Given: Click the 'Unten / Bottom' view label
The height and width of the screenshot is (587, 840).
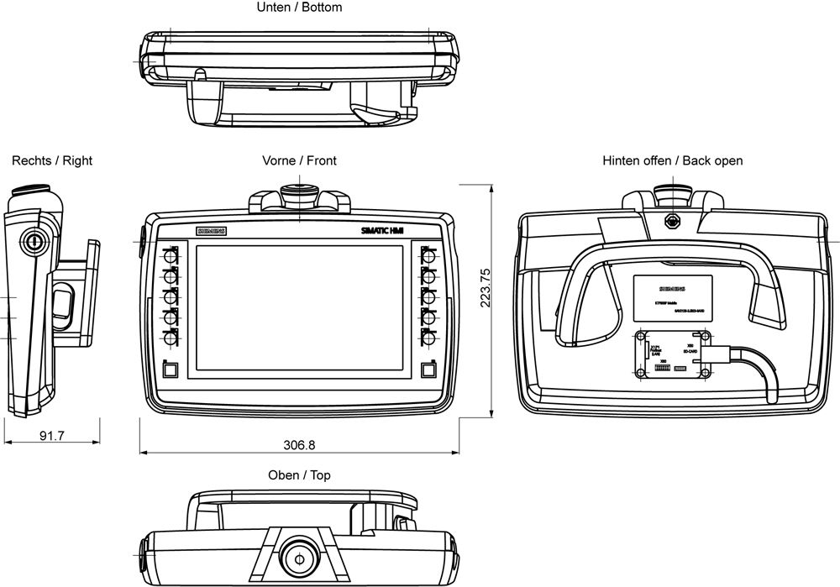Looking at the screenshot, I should (299, 8).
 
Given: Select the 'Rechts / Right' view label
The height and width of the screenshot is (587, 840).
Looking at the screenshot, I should (52, 160).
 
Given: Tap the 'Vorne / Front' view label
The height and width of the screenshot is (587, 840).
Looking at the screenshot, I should (299, 160).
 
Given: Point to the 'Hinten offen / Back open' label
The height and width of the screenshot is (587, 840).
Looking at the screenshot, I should (672, 160).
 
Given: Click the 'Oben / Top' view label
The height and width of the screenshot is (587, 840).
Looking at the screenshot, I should (299, 475).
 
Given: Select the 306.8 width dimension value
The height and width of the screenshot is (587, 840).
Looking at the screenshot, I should (299, 444).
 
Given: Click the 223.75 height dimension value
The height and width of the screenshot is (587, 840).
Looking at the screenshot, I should (485, 287).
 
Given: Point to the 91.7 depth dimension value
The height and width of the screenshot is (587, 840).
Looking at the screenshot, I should (52, 436).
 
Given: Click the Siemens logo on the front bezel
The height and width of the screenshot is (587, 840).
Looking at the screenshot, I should (212, 231).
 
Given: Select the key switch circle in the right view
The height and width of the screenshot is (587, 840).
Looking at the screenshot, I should (33, 240).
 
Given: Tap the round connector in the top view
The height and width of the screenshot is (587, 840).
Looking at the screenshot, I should (297, 554).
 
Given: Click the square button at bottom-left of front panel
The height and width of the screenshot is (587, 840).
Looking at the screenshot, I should (171, 369).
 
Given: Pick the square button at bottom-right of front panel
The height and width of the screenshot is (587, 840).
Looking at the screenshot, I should (428, 369).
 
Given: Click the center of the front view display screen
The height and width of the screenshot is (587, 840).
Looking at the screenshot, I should (299, 309).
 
